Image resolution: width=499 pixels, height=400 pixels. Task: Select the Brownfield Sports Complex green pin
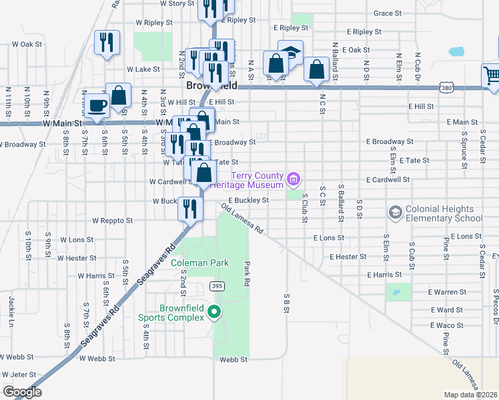click(x=214, y=311)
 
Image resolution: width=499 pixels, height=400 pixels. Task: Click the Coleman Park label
click(x=200, y=263)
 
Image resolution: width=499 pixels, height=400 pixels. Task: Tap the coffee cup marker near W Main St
click(x=98, y=105)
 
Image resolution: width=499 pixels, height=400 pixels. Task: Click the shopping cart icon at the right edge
click(x=491, y=75)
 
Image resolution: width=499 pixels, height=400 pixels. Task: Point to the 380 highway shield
click(x=446, y=87)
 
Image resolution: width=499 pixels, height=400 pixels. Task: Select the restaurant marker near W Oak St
click(x=107, y=43)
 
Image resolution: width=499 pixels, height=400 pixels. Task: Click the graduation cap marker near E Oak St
click(x=290, y=52)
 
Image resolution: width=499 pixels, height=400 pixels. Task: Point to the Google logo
click(x=22, y=392)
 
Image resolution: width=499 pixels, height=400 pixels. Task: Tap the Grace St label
click(x=388, y=13)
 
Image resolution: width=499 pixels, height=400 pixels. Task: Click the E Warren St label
click(x=448, y=292)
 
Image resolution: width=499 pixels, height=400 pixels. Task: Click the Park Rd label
click(x=246, y=273)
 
